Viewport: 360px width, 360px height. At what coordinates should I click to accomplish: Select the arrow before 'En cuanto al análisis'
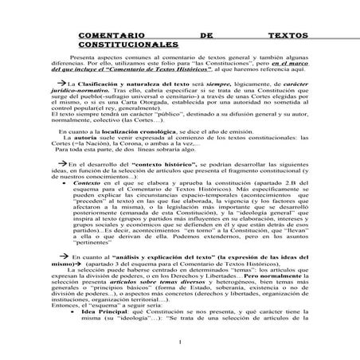coord(76,258)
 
